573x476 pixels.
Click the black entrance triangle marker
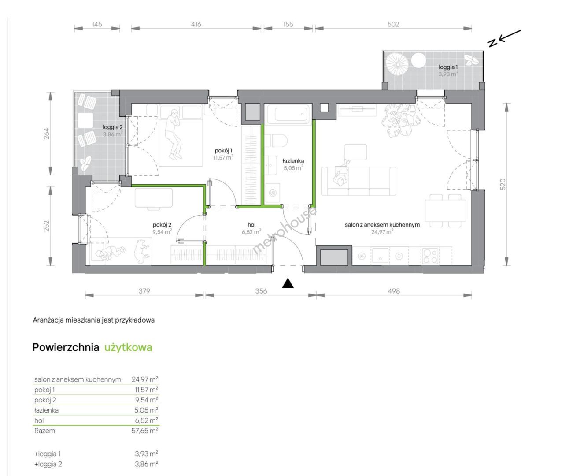click(288, 283)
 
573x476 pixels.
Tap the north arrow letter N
click(492, 43)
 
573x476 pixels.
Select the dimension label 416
click(196, 24)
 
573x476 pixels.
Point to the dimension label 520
click(503, 184)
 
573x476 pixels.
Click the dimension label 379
click(144, 291)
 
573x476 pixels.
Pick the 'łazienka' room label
click(293, 161)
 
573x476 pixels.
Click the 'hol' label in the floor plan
click(251, 225)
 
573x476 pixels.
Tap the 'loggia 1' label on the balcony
click(448, 67)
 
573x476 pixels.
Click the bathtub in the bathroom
click(289, 113)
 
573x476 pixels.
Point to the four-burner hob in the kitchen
click(430, 256)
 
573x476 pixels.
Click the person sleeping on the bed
click(174, 134)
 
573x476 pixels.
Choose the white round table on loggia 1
click(418, 60)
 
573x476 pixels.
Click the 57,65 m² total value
click(144, 431)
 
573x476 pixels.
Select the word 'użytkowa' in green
click(128, 347)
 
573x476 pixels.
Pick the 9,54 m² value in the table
click(146, 400)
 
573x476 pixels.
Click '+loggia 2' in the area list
click(48, 464)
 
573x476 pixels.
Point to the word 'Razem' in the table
click(45, 431)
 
